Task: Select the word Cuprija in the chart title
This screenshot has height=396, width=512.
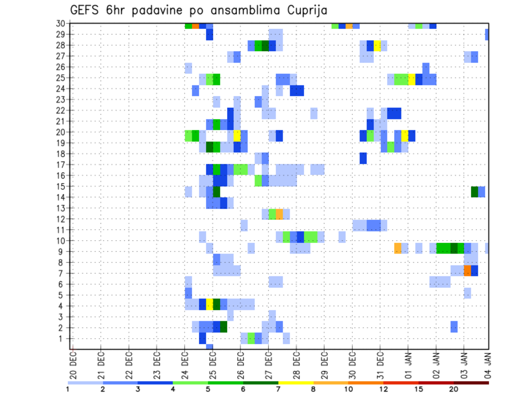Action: pos(305,11)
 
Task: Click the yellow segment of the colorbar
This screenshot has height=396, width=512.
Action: pos(296,382)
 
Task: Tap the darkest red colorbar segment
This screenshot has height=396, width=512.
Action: pos(471,382)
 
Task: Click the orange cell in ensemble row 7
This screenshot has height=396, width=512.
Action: pos(467,271)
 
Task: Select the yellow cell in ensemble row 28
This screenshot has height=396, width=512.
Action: pos(378,45)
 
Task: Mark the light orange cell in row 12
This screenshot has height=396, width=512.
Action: pos(279,214)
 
